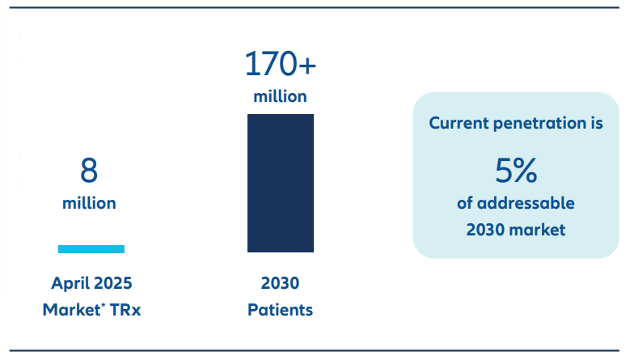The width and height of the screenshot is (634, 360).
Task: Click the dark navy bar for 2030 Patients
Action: pyautogui.click(x=280, y=183)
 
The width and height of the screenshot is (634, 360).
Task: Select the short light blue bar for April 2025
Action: pyautogui.click(x=91, y=249)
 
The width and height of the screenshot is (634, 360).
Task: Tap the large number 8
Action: pyautogui.click(x=89, y=172)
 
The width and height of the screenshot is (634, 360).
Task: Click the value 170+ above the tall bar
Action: pyautogui.click(x=280, y=64)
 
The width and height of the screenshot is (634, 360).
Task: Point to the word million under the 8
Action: pyautogui.click(x=89, y=203)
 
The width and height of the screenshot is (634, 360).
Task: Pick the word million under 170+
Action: pyautogui.click(x=280, y=96)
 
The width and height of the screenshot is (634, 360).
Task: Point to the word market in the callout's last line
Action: pyautogui.click(x=538, y=230)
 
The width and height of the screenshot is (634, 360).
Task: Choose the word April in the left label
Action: pyautogui.click(x=70, y=283)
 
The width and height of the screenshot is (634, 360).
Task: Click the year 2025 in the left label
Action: pyautogui.click(x=112, y=283)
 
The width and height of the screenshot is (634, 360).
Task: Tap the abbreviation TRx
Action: pyautogui.click(x=124, y=310)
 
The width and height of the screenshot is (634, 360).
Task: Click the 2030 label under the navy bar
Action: pyautogui.click(x=280, y=283)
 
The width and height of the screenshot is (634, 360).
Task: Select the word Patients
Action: pyautogui.click(x=280, y=310)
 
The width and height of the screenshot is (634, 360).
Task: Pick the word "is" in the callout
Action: pyautogui.click(x=597, y=124)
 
